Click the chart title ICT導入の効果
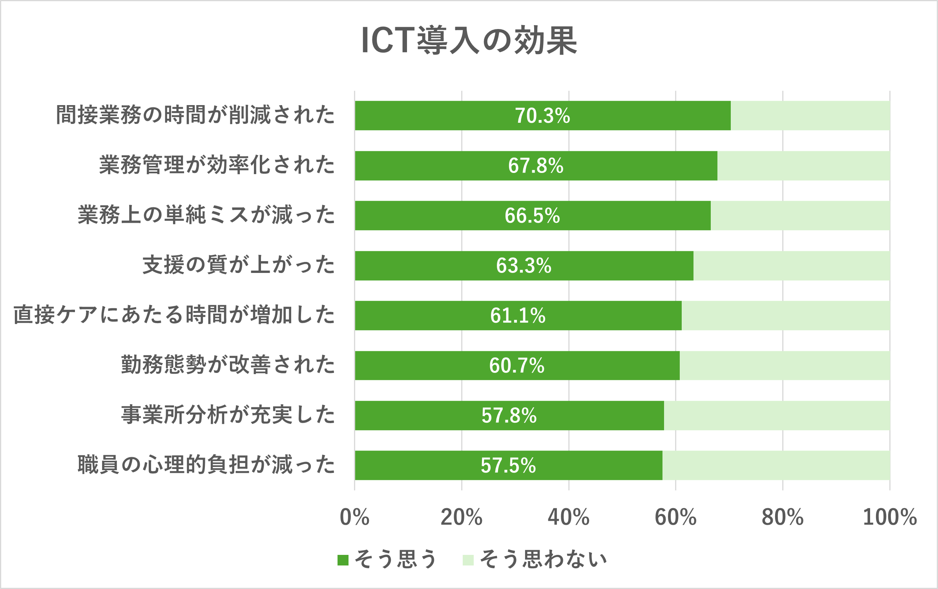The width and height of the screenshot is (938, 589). (469, 41)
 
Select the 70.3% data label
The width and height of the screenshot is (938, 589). (542, 116)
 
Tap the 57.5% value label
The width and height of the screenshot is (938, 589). (508, 465)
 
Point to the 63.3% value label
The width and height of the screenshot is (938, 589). (524, 265)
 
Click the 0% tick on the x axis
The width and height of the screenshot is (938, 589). (354, 517)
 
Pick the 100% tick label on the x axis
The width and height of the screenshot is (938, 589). (889, 517)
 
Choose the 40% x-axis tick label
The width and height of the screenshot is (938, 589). (568, 517)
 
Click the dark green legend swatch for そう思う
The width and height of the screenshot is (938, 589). (343, 560)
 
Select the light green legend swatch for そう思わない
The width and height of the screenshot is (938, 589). (468, 560)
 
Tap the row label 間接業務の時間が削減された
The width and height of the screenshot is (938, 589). (195, 115)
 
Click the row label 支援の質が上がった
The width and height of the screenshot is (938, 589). (238, 265)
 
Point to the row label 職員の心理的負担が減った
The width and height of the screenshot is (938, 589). (206, 465)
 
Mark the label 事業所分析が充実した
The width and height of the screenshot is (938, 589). (228, 415)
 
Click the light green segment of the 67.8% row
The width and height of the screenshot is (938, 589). (803, 166)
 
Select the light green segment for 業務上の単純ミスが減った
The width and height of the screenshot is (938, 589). (800, 216)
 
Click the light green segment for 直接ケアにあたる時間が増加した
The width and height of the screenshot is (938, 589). (785, 316)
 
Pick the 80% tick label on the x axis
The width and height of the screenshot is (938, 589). (783, 517)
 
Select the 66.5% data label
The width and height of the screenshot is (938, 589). (532, 216)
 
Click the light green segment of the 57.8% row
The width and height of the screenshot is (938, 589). (777, 416)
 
